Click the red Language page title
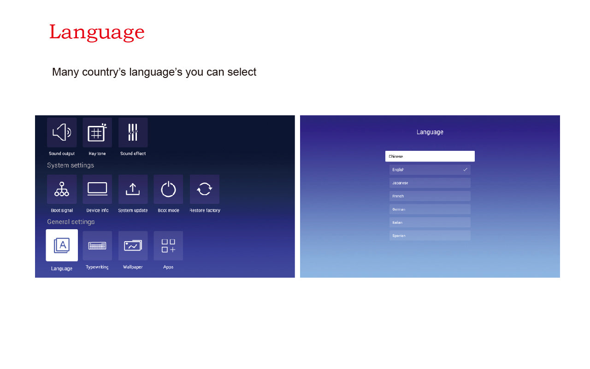tap(97, 33)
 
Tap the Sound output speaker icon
tap(62, 132)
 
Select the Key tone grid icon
tap(97, 132)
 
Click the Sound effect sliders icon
tap(133, 132)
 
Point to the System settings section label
tap(71, 165)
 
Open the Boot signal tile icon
tap(62, 189)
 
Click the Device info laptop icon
tap(97, 189)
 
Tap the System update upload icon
tap(133, 189)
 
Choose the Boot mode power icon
tap(168, 189)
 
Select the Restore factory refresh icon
tap(204, 189)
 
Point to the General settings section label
tap(71, 222)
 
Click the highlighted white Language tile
tap(62, 245)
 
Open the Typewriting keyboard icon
tap(97, 246)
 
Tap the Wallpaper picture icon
tap(133, 246)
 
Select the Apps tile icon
tap(168, 246)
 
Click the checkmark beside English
tap(466, 169)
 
